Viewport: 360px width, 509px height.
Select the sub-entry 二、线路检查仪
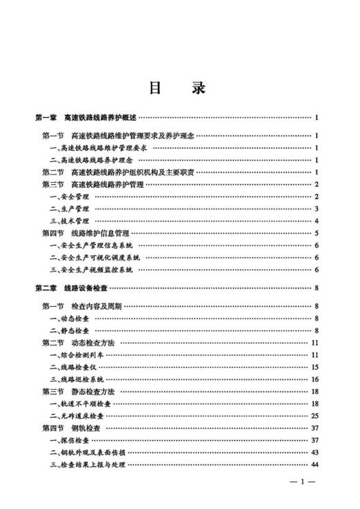75,367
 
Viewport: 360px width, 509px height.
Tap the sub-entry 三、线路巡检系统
78,379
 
